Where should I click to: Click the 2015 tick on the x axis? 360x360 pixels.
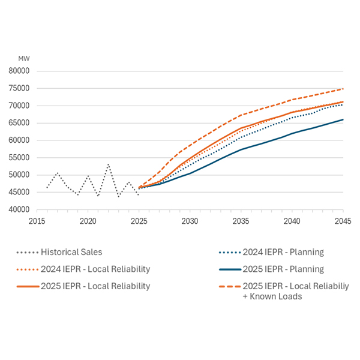37,221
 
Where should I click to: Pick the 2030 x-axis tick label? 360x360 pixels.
190,221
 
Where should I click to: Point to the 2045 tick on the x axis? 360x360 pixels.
343,221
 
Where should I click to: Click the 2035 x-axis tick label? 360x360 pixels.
241,221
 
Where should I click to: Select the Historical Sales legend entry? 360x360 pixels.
72,253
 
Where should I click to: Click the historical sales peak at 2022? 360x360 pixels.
109,164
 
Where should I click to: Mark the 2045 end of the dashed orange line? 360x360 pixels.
343,89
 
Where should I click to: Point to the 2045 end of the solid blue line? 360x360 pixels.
343,119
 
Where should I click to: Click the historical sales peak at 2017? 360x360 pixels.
58,173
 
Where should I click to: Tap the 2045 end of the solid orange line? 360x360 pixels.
343,101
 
